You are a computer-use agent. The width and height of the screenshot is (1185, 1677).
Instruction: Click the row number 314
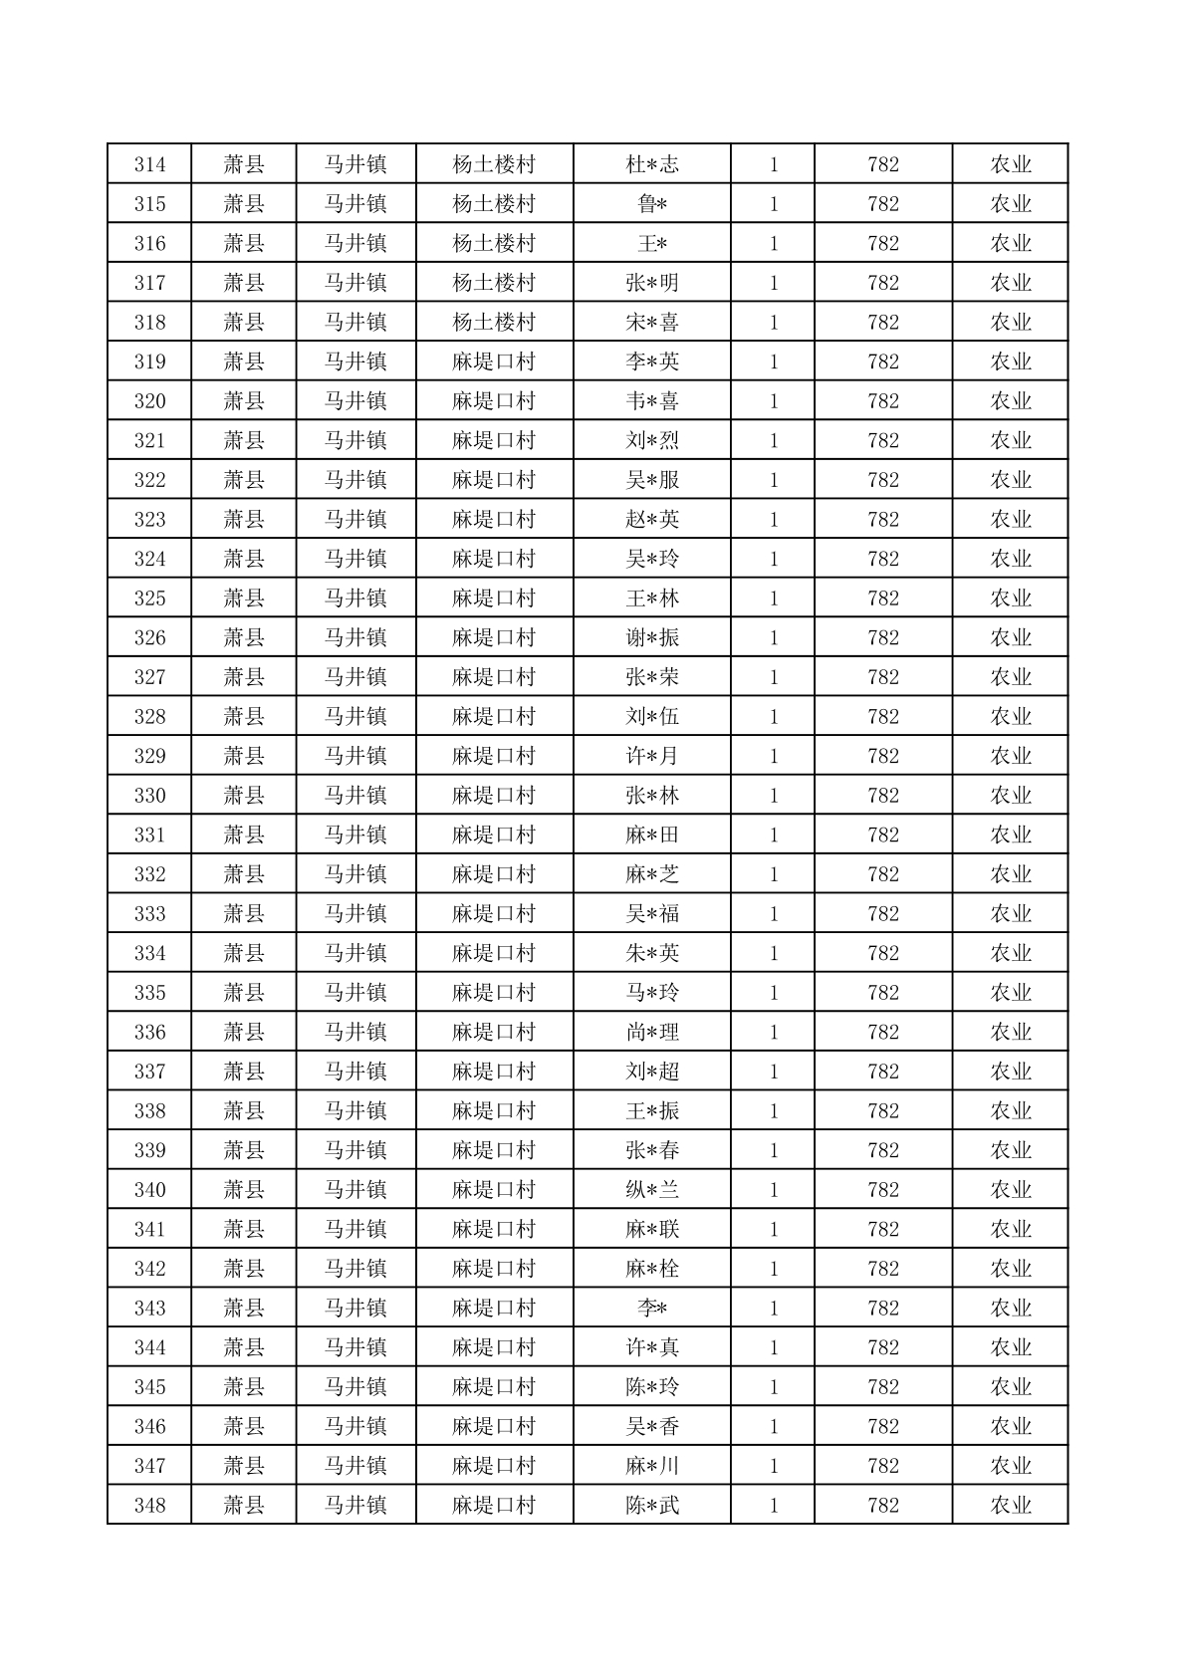coord(149,164)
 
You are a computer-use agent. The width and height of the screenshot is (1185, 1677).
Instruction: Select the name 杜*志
coord(652,164)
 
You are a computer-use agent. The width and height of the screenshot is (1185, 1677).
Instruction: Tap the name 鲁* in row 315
coord(652,204)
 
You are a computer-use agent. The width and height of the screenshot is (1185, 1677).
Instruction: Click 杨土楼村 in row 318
coord(494,323)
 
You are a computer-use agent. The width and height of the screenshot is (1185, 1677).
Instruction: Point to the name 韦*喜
coord(652,401)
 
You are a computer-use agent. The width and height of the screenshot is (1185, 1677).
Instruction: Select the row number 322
coord(149,480)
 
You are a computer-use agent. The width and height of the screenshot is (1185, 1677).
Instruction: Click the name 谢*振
coord(652,638)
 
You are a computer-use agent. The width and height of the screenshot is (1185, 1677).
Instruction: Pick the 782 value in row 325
coord(883,599)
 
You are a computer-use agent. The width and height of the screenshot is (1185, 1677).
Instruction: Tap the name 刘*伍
coord(652,717)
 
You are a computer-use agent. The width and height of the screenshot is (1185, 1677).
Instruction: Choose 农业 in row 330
coord(1010,796)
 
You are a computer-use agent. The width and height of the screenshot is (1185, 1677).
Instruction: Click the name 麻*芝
coord(652,874)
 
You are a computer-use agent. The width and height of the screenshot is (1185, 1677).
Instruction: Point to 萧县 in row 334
coord(244,953)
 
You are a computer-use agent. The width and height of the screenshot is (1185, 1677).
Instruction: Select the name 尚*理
coord(652,1033)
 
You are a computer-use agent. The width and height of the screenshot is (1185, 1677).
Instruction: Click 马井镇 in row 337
coord(355,1072)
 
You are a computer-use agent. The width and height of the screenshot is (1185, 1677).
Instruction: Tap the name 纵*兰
coord(652,1190)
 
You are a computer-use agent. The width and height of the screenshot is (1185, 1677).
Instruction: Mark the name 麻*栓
coord(652,1269)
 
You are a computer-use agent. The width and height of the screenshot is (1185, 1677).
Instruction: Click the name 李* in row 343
coord(652,1309)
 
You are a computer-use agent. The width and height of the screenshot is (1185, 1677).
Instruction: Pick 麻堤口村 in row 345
coord(494,1387)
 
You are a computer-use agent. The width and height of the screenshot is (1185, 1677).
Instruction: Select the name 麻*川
coord(652,1466)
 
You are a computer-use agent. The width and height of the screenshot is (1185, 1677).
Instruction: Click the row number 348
coord(149,1506)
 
